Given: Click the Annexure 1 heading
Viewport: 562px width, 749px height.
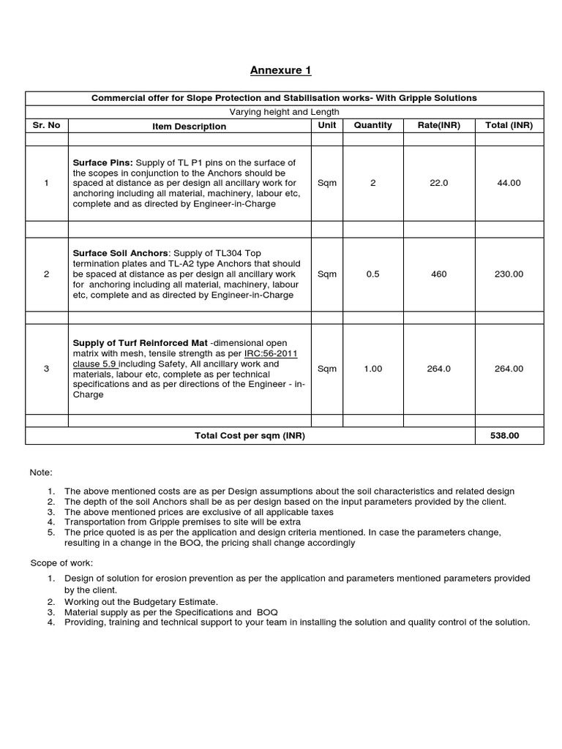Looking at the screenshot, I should click(x=280, y=70).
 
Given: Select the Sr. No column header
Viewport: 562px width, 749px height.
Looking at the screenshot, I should click(x=46, y=125).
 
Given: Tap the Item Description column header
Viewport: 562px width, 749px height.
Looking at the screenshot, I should click(x=190, y=127).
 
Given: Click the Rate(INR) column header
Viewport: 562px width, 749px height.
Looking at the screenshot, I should click(x=439, y=125).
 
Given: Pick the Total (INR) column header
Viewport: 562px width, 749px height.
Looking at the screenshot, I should click(x=509, y=125).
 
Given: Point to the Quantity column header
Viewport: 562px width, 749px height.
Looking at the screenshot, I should click(x=372, y=125).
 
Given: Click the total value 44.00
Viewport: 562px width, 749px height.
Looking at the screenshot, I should click(x=509, y=183).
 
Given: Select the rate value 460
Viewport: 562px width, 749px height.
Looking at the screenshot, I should click(x=439, y=274).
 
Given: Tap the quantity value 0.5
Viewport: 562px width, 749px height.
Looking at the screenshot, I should click(x=372, y=274).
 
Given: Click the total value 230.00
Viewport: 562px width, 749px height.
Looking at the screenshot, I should click(x=509, y=274).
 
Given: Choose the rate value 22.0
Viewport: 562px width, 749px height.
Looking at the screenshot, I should click(x=439, y=183).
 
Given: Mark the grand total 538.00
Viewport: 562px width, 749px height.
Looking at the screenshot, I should click(x=505, y=435).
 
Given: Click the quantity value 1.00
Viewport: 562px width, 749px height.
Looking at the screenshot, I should click(x=372, y=369).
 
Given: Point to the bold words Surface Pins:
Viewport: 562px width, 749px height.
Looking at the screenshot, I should click(x=102, y=162).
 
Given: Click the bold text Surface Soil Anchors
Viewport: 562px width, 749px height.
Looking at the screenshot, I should click(x=120, y=253).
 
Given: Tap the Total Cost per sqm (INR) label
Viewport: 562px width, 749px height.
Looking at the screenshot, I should click(x=250, y=435).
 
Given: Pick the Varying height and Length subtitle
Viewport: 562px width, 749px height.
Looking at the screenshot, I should click(x=285, y=111).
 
